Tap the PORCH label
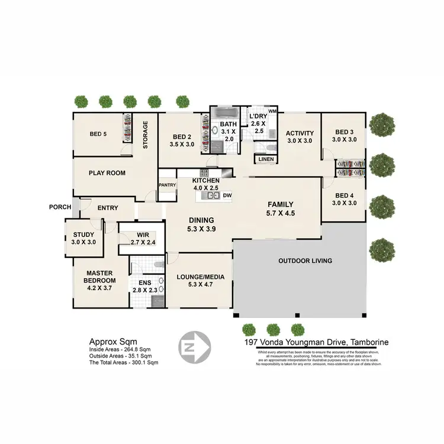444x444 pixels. [60, 207]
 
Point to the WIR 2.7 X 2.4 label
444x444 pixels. [142, 239]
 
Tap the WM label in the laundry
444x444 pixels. [272, 111]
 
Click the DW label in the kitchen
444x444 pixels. [228, 195]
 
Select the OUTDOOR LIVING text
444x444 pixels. [305, 260]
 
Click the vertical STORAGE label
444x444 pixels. [145, 135]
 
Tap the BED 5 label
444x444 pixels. [98, 134]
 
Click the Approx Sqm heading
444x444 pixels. [113, 342]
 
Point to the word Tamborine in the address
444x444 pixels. [368, 342]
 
